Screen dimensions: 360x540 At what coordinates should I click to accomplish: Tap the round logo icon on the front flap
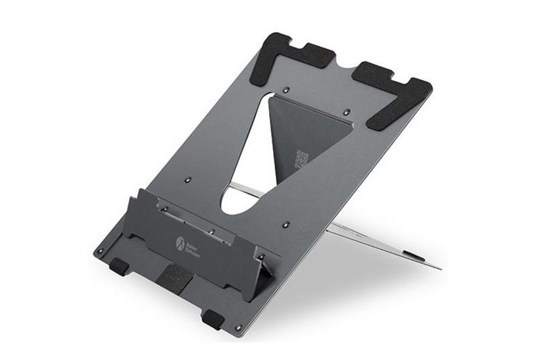point(179,242)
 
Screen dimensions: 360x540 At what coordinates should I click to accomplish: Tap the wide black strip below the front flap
point(175,278)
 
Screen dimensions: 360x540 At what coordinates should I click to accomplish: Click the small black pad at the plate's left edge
point(118,266)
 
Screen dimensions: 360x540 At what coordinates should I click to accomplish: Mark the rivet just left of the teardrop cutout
point(189,178)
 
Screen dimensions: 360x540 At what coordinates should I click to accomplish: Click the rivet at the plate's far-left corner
point(99,250)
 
